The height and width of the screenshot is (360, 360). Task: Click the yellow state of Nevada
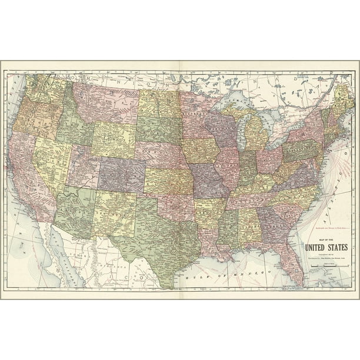[51, 159]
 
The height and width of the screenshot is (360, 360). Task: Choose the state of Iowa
[200, 151]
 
